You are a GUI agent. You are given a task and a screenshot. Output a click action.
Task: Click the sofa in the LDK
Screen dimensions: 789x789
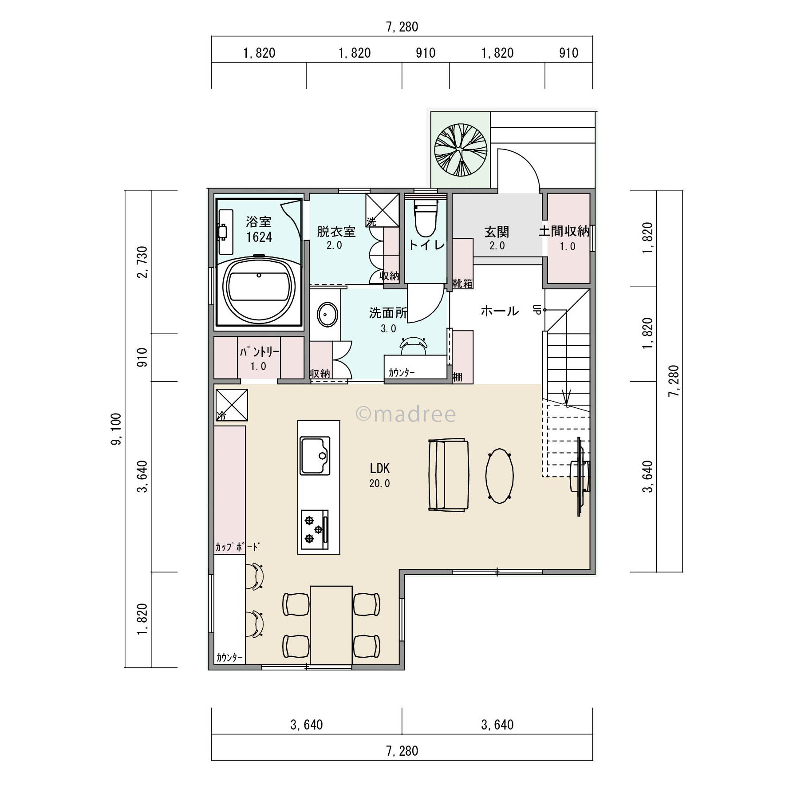(x=448, y=475)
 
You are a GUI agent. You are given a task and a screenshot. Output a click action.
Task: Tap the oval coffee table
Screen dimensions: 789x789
(x=500, y=476)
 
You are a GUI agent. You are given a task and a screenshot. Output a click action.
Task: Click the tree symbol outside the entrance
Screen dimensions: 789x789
(x=461, y=149)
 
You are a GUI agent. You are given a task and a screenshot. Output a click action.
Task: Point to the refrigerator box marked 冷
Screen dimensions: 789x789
(x=231, y=405)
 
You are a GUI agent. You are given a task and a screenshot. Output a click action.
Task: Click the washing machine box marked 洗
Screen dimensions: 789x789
(x=383, y=211)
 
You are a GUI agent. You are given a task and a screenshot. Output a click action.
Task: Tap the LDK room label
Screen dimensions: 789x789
(x=379, y=468)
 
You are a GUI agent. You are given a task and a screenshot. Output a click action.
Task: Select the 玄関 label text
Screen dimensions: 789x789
(x=497, y=232)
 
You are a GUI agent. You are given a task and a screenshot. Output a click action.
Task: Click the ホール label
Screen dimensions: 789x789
(x=500, y=311)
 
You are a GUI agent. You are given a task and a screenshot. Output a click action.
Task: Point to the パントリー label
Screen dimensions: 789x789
(x=259, y=352)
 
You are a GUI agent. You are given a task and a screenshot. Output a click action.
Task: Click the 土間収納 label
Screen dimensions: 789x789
(x=564, y=231)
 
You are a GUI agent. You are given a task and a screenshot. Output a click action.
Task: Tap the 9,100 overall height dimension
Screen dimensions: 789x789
(x=117, y=429)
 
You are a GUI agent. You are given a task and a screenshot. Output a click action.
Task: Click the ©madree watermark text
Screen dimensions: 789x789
(x=406, y=414)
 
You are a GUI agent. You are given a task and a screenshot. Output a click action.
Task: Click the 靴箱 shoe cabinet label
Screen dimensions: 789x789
(x=462, y=283)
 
